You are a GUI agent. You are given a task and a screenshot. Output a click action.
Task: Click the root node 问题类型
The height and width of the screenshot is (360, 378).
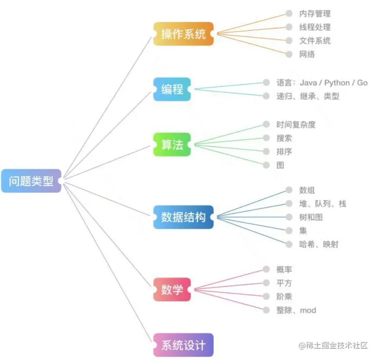click(x=31, y=180)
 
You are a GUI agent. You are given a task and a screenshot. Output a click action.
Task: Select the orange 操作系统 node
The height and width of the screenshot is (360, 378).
click(x=184, y=34)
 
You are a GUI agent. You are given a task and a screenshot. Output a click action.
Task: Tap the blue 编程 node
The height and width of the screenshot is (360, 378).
click(x=172, y=89)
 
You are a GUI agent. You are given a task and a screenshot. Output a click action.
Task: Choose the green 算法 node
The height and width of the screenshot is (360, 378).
click(x=172, y=145)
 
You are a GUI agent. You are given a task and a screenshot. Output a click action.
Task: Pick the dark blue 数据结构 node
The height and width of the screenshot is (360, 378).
click(x=184, y=217)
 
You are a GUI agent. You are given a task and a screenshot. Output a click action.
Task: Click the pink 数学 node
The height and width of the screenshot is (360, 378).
click(x=172, y=289)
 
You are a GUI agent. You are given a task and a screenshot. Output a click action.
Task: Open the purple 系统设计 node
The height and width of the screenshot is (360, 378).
click(x=184, y=345)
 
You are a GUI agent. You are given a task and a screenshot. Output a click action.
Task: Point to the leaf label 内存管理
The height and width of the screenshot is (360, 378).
click(x=314, y=14)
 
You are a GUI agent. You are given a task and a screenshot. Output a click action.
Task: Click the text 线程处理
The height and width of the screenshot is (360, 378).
click(x=314, y=27)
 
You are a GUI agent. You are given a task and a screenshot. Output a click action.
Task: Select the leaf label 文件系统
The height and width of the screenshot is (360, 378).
click(x=314, y=41)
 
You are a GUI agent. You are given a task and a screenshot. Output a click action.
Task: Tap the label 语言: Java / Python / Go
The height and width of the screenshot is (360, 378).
click(x=322, y=82)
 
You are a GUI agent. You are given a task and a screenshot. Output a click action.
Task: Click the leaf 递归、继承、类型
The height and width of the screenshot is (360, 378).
click(x=308, y=96)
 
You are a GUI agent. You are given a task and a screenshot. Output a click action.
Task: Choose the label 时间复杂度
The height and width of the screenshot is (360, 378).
click(x=296, y=124)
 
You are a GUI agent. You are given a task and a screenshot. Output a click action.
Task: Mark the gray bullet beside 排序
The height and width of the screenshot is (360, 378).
click(x=267, y=152)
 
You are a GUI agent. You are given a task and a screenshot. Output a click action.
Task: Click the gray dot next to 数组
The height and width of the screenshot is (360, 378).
click(x=289, y=190)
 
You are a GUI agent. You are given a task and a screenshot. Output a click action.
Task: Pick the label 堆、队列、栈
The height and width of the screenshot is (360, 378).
click(x=322, y=204)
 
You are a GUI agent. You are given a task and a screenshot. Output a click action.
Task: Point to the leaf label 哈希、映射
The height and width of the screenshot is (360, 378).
click(x=318, y=244)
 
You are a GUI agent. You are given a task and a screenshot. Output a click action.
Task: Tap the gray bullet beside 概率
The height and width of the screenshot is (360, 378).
click(x=267, y=269)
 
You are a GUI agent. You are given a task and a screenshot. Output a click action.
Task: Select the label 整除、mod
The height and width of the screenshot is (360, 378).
click(x=296, y=310)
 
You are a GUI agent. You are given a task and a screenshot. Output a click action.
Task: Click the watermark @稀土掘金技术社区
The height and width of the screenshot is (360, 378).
click(x=333, y=345)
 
